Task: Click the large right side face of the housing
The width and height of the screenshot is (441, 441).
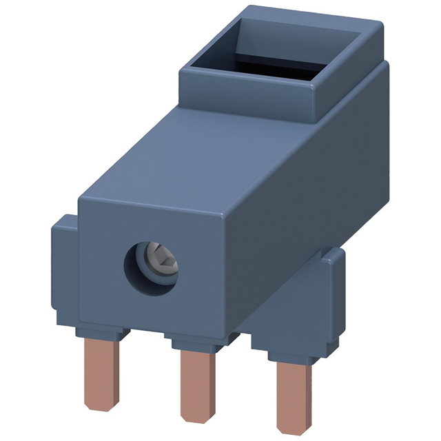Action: click(317, 193)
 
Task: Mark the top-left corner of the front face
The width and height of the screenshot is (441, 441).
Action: click(82, 202)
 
